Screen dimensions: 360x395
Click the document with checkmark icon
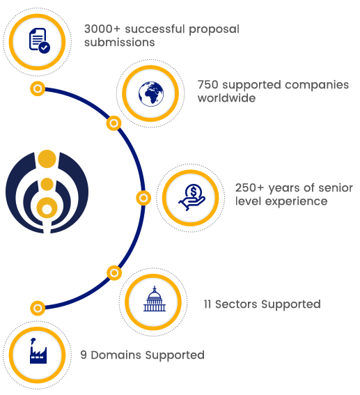39,40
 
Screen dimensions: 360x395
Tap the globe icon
151,94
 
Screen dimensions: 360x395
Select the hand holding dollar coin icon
191,197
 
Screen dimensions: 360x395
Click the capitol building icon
155,299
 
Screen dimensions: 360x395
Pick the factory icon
38,350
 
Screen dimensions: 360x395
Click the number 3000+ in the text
102,29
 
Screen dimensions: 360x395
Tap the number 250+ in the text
249,188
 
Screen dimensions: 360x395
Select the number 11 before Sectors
208,304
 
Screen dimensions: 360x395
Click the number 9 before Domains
84,355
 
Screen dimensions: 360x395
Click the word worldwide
226,98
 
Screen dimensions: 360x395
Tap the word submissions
119,42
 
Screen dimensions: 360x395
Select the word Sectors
236,304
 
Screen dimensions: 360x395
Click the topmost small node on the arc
38,88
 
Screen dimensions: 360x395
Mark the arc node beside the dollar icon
143,198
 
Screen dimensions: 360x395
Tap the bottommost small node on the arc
38,308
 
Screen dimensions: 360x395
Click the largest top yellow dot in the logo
47,159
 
